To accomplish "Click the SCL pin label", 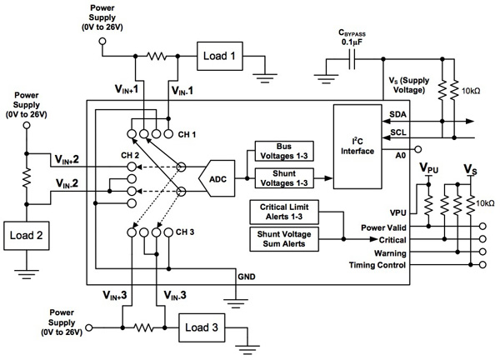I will [398, 132].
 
